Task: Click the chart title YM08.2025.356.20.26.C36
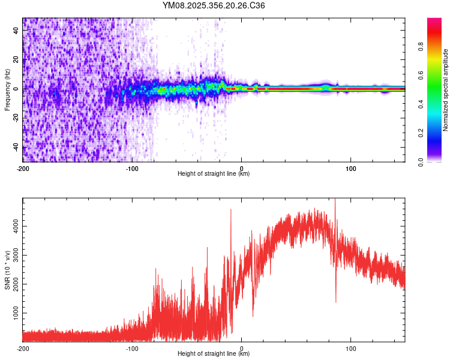click(214, 5)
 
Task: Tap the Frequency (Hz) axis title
click(7, 89)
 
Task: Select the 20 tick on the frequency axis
click(16, 59)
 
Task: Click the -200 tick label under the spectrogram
click(23, 168)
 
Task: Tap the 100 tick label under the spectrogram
click(350, 168)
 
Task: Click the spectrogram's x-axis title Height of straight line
click(214, 174)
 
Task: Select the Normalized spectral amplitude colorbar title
click(446, 90)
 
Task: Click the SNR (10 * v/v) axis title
click(7, 270)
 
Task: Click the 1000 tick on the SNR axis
click(14, 313)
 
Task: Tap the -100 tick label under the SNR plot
click(132, 348)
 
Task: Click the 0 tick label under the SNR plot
click(241, 348)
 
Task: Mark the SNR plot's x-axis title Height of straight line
click(214, 354)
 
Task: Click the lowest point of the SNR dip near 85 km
click(335, 302)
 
